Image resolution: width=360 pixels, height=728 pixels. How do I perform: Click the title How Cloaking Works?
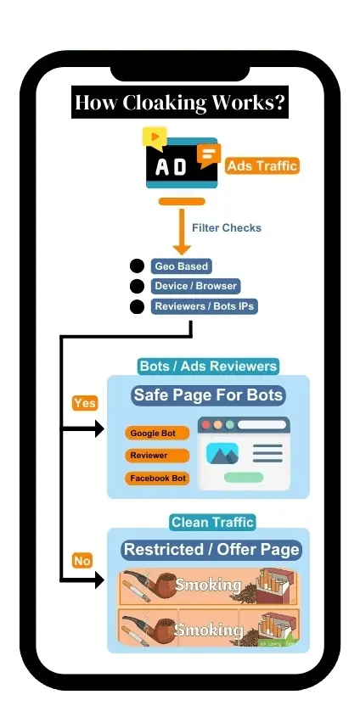click(x=180, y=102)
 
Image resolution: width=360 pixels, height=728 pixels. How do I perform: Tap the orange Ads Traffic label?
click(x=262, y=165)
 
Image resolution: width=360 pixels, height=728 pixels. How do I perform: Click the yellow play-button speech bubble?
click(x=155, y=138)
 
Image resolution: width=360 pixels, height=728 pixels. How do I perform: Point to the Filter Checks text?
click(x=227, y=228)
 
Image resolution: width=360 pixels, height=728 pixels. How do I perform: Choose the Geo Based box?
click(x=181, y=266)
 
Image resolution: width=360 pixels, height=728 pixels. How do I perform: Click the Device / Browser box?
click(x=195, y=286)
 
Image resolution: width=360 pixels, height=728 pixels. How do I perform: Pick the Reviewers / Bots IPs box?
click(x=204, y=306)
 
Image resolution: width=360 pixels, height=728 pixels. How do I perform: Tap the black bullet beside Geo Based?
click(x=137, y=266)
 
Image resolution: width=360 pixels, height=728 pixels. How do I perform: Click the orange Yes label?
click(x=85, y=403)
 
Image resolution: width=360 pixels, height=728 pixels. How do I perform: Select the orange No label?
click(x=82, y=561)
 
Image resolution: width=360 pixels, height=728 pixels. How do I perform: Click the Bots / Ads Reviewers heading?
click(x=209, y=366)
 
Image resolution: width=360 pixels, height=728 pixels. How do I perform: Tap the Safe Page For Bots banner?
click(x=208, y=395)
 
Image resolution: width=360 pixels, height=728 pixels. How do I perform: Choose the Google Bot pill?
click(x=157, y=434)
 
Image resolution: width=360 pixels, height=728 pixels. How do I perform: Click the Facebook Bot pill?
click(x=157, y=479)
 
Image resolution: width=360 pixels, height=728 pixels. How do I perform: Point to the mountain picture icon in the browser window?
click(x=222, y=454)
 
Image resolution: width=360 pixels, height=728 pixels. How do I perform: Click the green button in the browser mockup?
click(x=244, y=478)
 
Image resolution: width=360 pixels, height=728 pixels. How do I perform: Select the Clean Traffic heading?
click(x=212, y=522)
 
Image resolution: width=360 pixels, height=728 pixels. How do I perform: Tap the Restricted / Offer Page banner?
click(x=211, y=550)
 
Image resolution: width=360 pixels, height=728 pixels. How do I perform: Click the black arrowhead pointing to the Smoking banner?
click(x=99, y=580)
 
